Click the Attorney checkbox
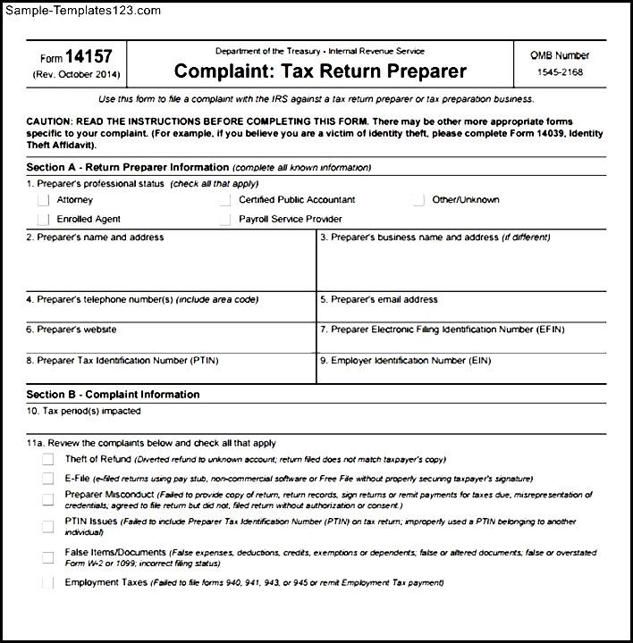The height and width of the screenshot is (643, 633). pos(43,201)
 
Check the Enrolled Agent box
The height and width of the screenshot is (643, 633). pos(43,220)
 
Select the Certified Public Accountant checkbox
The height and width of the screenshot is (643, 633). pos(225,201)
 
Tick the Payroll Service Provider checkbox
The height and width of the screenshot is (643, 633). pos(225,220)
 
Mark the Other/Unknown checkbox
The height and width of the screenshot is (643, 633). pos(418,201)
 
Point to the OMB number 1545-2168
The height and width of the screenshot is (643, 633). pos(561,72)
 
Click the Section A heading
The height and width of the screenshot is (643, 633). pos(128,167)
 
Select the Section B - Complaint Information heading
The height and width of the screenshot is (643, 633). pos(113,395)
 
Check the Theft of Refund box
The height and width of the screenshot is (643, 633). pos(47,460)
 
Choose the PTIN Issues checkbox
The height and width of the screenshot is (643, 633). pos(47,525)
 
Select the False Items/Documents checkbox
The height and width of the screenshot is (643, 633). pos(47,558)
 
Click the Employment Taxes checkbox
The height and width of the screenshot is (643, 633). pos(47,584)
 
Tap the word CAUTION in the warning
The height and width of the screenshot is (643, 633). pos(53,121)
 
